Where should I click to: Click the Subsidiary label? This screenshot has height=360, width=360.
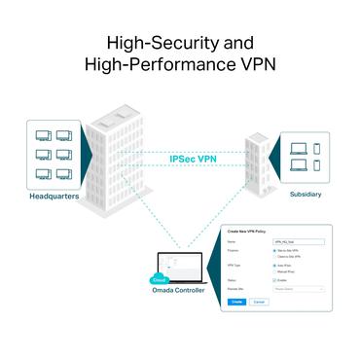click(305, 194)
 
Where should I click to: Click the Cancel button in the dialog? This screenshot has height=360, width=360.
click(258, 302)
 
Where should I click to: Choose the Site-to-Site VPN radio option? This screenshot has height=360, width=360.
click(276, 251)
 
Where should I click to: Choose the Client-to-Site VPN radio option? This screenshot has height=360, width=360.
click(276, 257)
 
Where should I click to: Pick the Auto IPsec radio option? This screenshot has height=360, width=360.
click(276, 265)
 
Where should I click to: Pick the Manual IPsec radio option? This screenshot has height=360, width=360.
click(276, 270)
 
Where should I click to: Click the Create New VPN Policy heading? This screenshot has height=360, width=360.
click(246, 231)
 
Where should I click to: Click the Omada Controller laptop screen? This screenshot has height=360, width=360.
click(179, 267)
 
